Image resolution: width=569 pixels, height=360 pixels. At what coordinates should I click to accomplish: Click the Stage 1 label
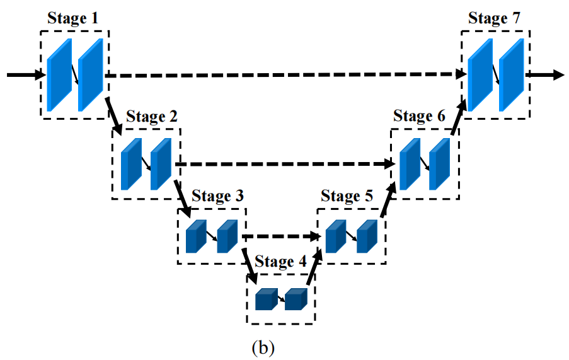click(x=72, y=19)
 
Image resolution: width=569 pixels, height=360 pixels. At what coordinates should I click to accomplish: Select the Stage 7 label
click(x=494, y=19)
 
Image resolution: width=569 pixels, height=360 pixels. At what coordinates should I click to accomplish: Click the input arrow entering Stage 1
click(x=25, y=75)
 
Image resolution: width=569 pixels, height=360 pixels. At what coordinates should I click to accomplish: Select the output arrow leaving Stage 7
click(x=544, y=75)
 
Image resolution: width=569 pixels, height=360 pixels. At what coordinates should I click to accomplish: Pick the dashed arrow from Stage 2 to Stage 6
click(x=284, y=165)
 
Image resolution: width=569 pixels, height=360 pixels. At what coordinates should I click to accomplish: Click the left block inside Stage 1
click(x=59, y=75)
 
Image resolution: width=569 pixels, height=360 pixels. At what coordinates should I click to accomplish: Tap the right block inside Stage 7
click(x=510, y=75)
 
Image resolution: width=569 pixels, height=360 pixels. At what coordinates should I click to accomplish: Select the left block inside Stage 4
click(x=266, y=299)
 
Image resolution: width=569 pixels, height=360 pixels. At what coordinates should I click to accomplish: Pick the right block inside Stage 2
click(x=161, y=165)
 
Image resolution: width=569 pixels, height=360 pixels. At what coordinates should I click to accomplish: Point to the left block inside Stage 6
click(x=410, y=165)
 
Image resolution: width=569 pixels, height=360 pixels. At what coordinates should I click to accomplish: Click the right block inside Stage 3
click(x=226, y=237)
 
